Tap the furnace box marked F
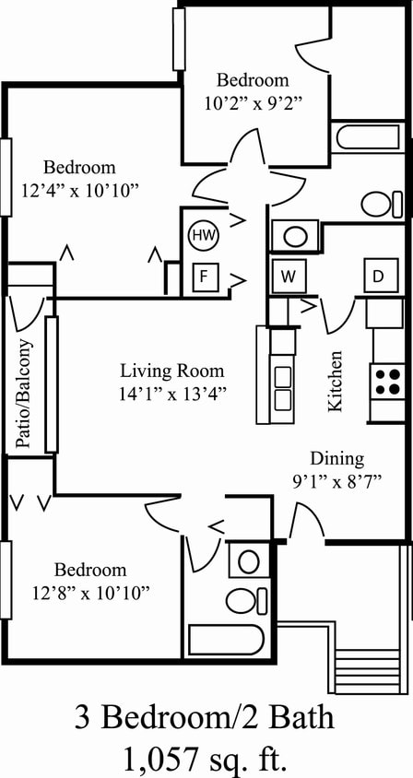[205, 276]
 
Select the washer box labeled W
[289, 276]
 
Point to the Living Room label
[172, 371]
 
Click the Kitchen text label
[336, 381]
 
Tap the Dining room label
[336, 458]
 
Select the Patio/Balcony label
[25, 395]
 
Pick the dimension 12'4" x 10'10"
[79, 191]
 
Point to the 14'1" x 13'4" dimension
[172, 392]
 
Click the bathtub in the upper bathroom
[366, 138]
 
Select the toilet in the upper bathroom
[380, 203]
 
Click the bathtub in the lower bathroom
[226, 639]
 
